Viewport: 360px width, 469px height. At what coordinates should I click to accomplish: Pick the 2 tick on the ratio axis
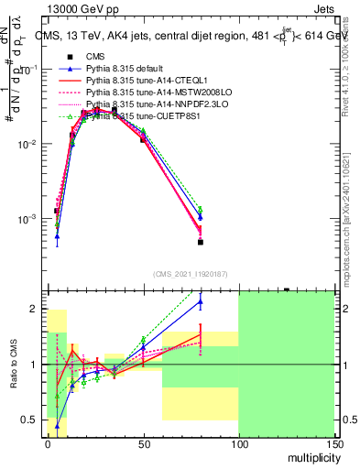coord(35,309)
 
